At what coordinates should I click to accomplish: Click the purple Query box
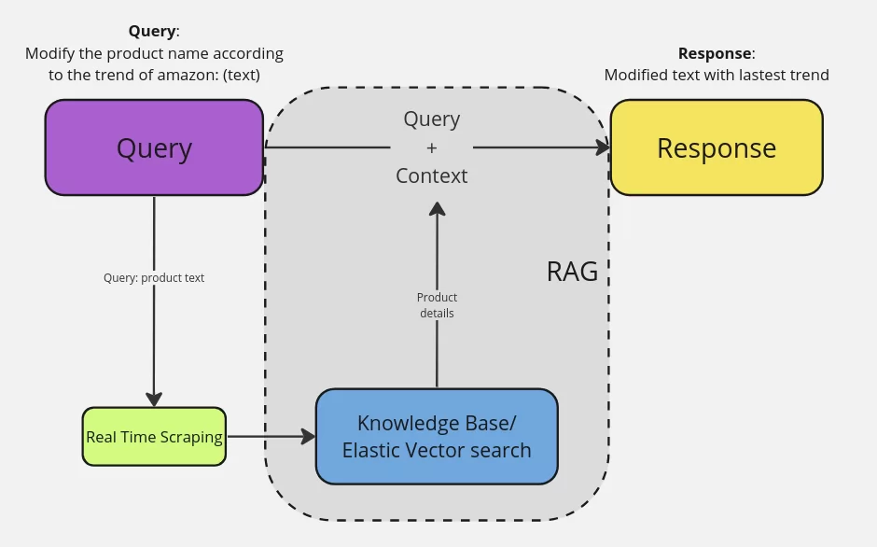point(154,147)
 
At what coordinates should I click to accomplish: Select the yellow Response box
point(717,147)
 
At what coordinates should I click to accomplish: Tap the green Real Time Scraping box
point(154,437)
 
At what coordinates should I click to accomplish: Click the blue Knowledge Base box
point(437,437)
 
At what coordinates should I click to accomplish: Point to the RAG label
point(571,272)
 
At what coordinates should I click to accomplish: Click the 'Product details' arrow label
point(437,305)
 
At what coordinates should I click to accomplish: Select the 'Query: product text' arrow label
point(154,278)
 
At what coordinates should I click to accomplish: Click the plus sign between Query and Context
point(431,147)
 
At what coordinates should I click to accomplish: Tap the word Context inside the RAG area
point(431,175)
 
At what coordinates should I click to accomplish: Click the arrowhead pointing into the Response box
point(602,147)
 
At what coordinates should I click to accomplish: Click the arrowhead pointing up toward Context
point(437,209)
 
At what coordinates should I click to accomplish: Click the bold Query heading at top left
point(152,31)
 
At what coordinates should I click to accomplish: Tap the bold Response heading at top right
point(715,53)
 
